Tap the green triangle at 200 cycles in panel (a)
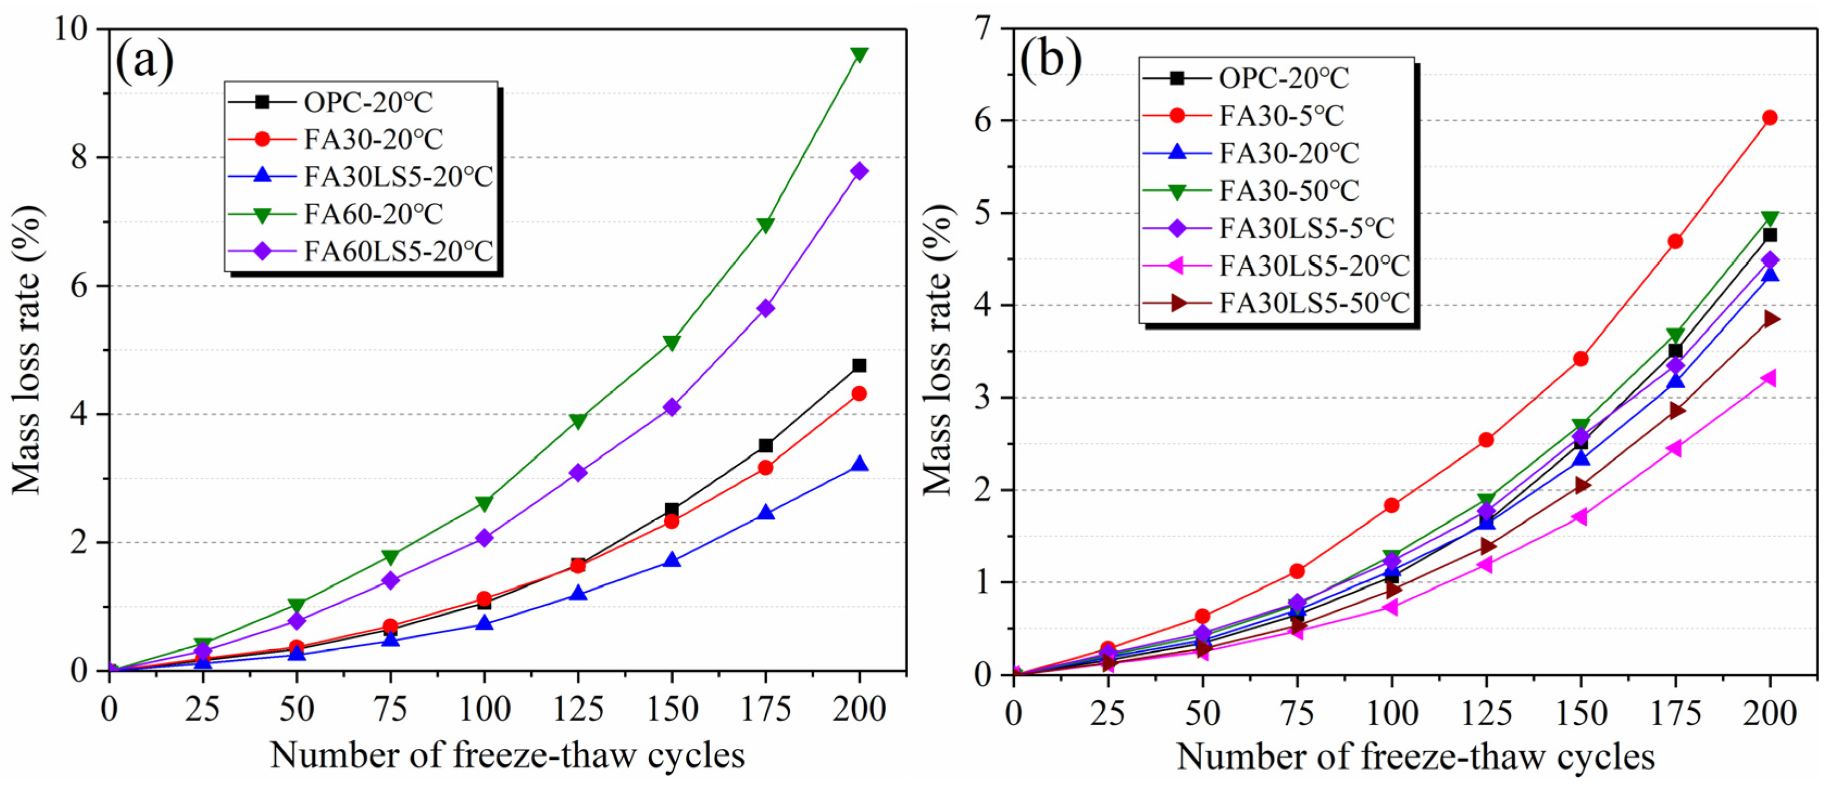859,55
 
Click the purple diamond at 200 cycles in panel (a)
859,171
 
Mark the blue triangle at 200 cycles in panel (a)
859,464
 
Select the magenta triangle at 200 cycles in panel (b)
1769,377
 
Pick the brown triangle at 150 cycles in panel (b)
1581,485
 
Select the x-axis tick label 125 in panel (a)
578,710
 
